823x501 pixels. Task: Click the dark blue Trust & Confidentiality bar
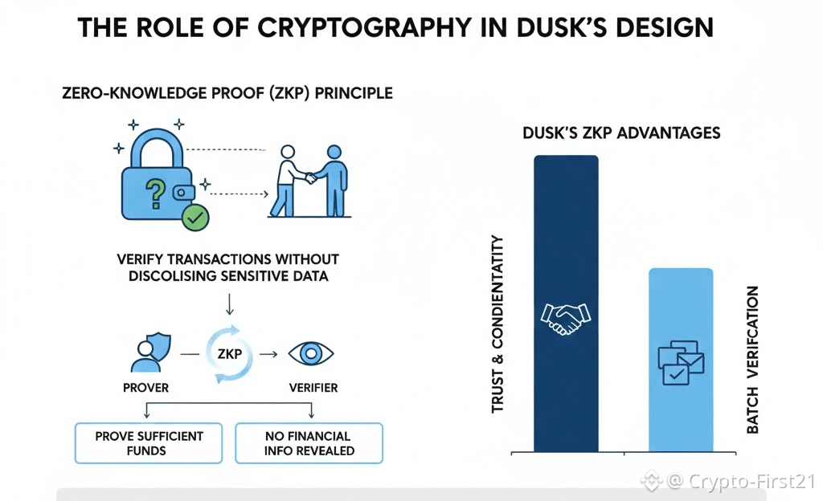pyautogui.click(x=566, y=241)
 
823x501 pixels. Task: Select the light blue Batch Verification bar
pyautogui.click(x=681, y=305)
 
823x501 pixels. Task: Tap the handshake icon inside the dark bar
pyautogui.click(x=566, y=318)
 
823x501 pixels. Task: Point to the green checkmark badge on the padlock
pyautogui.click(x=194, y=217)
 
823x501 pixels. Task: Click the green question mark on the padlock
pyautogui.click(x=154, y=192)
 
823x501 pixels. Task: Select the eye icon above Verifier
pyautogui.click(x=311, y=354)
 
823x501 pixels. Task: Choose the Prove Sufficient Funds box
pyautogui.click(x=149, y=442)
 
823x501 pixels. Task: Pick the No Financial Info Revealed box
pyautogui.click(x=309, y=442)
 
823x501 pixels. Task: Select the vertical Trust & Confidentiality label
pyautogui.click(x=497, y=324)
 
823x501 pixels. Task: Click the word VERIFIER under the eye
pyautogui.click(x=313, y=388)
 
